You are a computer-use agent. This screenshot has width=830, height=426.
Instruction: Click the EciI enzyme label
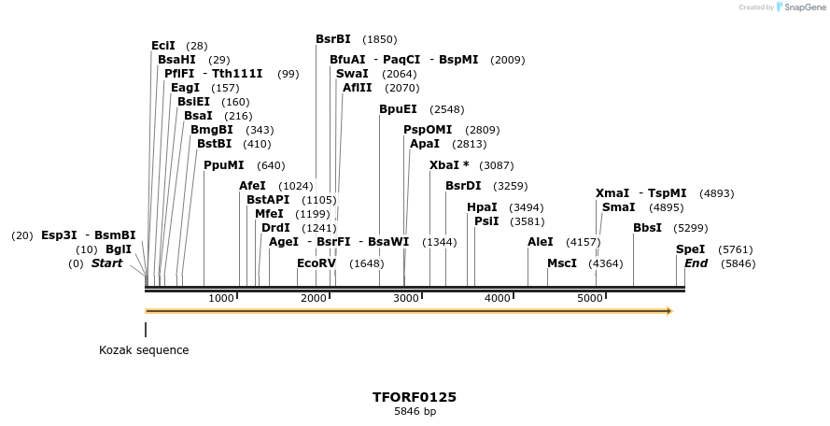163,46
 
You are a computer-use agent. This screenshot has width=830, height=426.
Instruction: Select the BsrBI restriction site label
333,39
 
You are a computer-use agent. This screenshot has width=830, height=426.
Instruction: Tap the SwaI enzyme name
352,74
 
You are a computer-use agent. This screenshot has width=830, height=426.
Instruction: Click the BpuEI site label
398,109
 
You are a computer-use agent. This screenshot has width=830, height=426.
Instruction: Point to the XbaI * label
449,165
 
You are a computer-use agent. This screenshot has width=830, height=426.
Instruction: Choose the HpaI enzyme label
482,207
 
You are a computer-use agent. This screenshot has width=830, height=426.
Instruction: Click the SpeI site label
690,249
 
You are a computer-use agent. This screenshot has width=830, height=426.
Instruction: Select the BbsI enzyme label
647,228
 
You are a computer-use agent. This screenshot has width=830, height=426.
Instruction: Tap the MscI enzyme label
562,263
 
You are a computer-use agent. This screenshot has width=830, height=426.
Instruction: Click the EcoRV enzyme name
316,263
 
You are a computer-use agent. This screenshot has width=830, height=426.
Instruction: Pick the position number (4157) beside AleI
584,242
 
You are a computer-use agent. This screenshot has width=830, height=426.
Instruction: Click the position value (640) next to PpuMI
271,165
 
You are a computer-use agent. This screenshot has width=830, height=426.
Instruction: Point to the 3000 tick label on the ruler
405,298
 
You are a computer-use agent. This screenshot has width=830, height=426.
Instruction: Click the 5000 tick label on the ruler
589,298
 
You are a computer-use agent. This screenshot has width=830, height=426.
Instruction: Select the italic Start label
106,263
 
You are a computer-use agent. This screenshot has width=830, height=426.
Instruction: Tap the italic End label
696,263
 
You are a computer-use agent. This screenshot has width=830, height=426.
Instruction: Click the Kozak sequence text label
144,350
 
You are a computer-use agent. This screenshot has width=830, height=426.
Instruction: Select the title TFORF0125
415,397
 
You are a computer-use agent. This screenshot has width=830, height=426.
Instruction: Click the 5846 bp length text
415,411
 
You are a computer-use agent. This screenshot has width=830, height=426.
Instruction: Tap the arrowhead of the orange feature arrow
668,311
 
